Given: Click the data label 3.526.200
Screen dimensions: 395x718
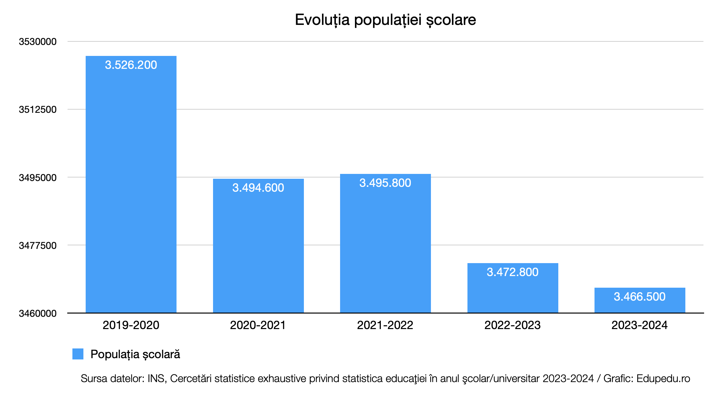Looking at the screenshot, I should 131,65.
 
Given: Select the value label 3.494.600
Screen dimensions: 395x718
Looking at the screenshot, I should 258,188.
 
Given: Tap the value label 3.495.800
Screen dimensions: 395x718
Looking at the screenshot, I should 385,183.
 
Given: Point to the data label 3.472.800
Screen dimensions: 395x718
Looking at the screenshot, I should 513,272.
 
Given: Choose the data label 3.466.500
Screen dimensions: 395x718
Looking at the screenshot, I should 640,297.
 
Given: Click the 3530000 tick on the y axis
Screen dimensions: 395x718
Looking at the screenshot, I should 38,42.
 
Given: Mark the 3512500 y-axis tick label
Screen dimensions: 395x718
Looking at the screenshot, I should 38,110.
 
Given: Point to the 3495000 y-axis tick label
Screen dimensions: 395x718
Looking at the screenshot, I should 38,177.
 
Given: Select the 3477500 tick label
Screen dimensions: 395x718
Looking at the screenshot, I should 38,245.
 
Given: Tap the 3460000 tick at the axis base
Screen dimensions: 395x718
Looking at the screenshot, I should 38,313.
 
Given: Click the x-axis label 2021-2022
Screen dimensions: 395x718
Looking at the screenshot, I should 385,325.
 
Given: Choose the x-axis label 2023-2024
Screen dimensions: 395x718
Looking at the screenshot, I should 639,325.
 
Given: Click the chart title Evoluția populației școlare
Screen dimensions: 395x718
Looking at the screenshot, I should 385,20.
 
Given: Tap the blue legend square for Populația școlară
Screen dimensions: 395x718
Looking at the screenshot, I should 78,354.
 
